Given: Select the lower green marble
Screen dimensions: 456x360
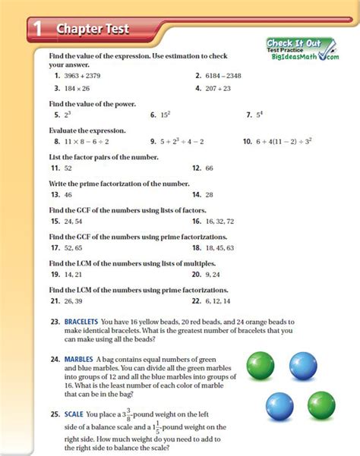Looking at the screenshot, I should [321, 404].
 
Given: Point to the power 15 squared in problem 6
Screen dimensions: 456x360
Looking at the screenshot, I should [163, 115].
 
